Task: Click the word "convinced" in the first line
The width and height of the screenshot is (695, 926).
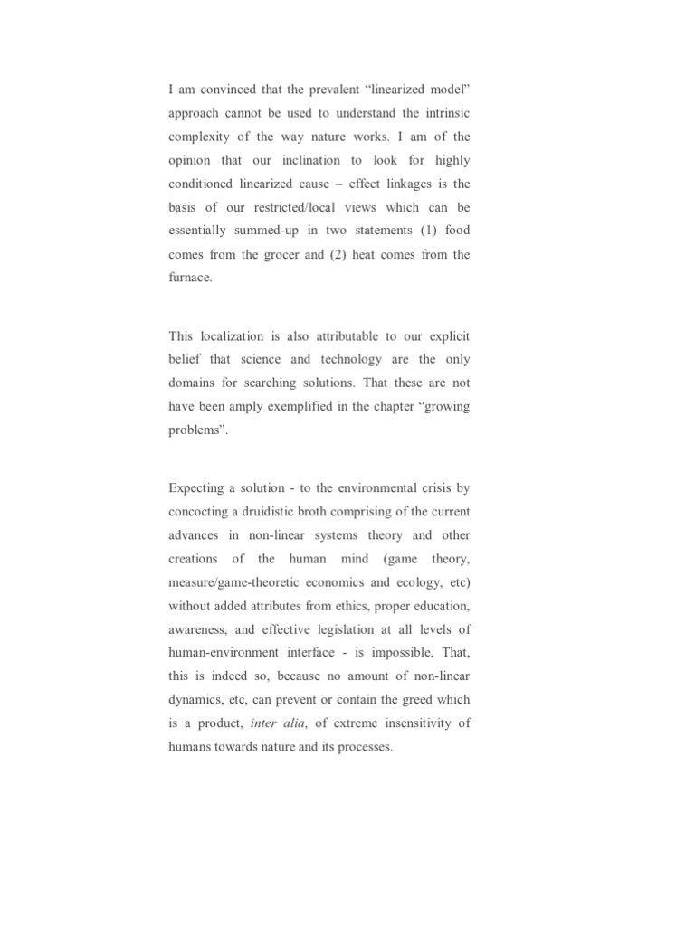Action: [x=222, y=90]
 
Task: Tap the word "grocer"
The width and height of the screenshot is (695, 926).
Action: [x=285, y=254]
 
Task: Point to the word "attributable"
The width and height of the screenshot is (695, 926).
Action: [x=335, y=335]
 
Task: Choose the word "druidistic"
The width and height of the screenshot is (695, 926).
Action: [x=263, y=511]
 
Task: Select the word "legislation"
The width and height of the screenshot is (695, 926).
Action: [x=329, y=628]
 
